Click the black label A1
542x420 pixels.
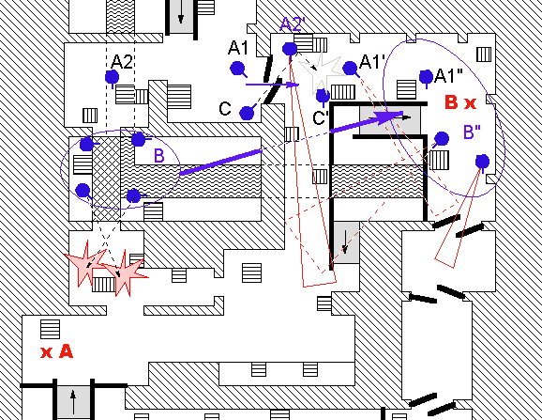click(x=238, y=48)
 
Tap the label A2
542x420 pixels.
click(x=122, y=62)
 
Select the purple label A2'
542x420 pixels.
click(x=294, y=24)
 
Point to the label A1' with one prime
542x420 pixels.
click(x=372, y=62)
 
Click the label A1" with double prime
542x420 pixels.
click(x=448, y=76)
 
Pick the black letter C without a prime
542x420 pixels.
click(x=225, y=108)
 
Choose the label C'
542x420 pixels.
click(x=320, y=117)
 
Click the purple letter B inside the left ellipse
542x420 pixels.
click(x=158, y=156)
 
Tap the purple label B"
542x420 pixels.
click(x=472, y=132)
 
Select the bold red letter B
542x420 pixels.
click(x=451, y=102)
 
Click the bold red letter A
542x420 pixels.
click(x=66, y=351)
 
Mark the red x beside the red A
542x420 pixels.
click(x=46, y=353)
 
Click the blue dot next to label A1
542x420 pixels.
click(x=237, y=69)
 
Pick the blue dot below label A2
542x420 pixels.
click(x=112, y=77)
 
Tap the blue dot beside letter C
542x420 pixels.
click(x=247, y=113)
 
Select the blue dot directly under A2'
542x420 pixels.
click(x=290, y=49)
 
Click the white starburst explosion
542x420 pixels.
click(x=320, y=72)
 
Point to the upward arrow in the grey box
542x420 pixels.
click(x=73, y=401)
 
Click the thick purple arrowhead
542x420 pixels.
click(x=388, y=117)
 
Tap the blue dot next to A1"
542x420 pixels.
click(x=426, y=77)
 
